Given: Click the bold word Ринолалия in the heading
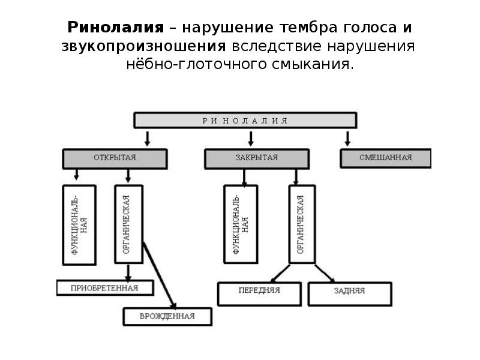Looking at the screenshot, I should click(115, 28).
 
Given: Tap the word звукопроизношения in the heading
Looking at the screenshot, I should click(143, 46).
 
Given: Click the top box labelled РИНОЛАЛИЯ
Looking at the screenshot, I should click(245, 120).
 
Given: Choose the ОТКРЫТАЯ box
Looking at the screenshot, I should click(115, 158).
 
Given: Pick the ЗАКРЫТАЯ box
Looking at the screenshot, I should click(257, 158).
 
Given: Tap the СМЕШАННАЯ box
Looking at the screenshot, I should click(385, 158).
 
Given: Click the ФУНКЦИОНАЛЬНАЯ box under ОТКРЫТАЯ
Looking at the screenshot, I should click(79, 224).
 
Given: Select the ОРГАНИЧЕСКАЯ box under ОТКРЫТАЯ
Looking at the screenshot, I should click(128, 224).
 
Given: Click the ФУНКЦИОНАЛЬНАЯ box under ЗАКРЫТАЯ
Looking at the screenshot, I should click(241, 224).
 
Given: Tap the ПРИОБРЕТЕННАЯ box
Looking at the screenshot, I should click(104, 287).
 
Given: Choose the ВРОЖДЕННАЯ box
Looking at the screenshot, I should click(167, 316).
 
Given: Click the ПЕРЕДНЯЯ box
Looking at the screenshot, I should click(259, 294).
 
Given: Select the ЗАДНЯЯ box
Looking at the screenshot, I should click(349, 294).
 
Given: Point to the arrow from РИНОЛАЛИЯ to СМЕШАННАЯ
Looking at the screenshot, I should click(347, 139).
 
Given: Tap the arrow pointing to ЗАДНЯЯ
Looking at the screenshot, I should click(321, 272).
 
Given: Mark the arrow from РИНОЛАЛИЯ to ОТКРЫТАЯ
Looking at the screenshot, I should click(147, 139).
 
